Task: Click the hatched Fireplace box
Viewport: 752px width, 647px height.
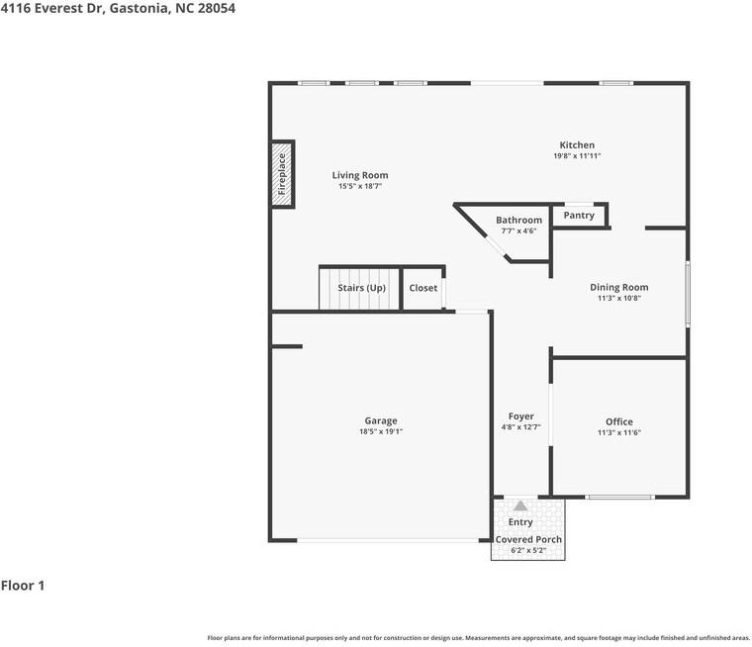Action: [x=282, y=174]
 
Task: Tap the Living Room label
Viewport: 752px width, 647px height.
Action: [x=360, y=175]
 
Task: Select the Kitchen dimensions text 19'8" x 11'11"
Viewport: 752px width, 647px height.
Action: [x=577, y=156]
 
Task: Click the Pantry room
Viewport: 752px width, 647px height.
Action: [x=579, y=216]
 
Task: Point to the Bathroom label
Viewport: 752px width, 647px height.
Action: [x=518, y=221]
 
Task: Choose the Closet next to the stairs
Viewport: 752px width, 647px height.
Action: [x=423, y=288]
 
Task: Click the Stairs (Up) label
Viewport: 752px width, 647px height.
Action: [x=361, y=288]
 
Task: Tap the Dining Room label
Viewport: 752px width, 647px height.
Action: [x=619, y=287]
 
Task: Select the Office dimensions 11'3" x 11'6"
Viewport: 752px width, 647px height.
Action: [x=619, y=432]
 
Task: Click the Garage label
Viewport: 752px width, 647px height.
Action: [x=381, y=421]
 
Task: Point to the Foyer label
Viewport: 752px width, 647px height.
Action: [x=521, y=416]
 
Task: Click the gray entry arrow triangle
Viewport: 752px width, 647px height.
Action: [x=520, y=506]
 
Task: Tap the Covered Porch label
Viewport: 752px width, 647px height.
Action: [x=528, y=539]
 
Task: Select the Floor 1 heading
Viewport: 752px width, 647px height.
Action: [x=23, y=586]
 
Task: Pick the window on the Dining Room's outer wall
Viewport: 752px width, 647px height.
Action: [x=688, y=294]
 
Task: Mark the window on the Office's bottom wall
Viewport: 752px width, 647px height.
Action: [x=619, y=497]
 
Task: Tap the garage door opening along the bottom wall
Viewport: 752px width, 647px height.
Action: [x=388, y=540]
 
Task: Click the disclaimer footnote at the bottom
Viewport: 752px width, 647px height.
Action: [x=478, y=638]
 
